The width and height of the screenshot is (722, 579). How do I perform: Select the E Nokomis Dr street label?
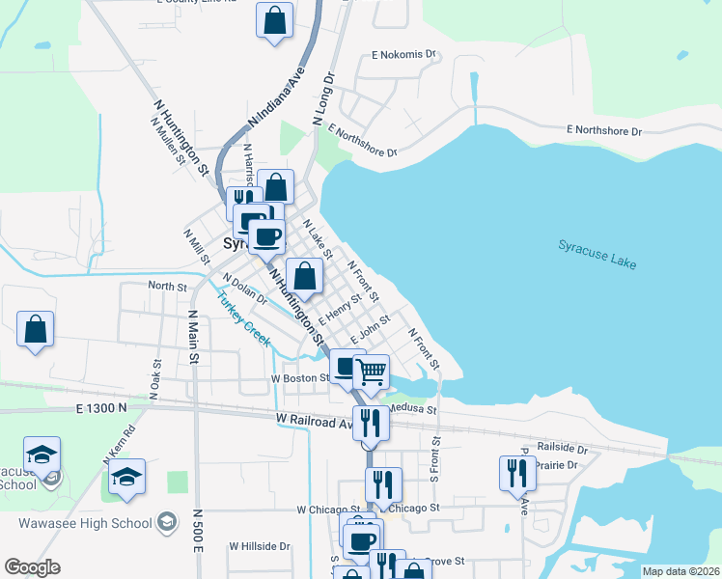(x=404, y=55)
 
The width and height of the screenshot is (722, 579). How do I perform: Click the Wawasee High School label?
(x=85, y=523)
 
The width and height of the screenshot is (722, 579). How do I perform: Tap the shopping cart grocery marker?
(x=372, y=372)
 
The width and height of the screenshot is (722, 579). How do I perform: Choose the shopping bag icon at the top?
(x=274, y=20)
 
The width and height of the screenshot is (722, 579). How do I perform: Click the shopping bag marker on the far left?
(x=35, y=330)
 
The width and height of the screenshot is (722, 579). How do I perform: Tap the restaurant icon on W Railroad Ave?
(x=370, y=423)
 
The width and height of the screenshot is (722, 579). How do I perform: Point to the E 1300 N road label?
(x=101, y=409)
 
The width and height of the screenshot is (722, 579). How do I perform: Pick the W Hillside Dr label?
(x=259, y=546)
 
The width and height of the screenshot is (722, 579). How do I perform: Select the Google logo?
(x=32, y=567)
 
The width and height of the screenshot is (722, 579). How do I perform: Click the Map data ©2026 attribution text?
(x=680, y=571)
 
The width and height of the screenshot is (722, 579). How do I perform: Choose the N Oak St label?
(x=154, y=375)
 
